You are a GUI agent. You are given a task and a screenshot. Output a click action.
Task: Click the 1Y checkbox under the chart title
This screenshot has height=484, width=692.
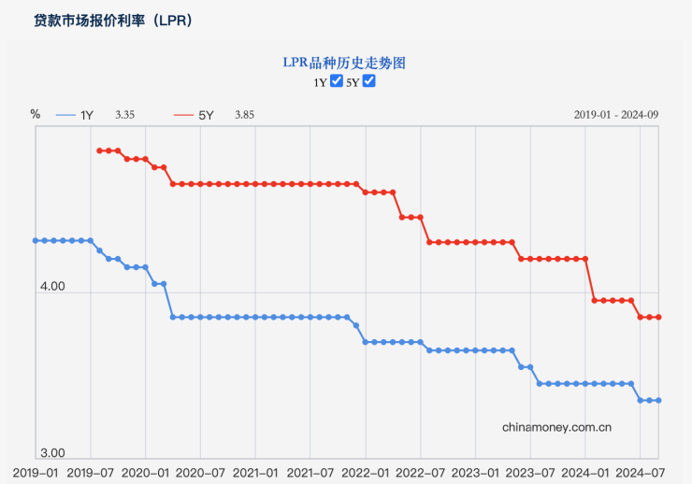pyautogui.click(x=337, y=81)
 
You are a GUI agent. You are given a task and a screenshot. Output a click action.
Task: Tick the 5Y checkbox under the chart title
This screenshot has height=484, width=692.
pyautogui.click(x=368, y=81)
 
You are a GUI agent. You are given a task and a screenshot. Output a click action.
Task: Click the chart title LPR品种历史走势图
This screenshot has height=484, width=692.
pyautogui.click(x=345, y=63)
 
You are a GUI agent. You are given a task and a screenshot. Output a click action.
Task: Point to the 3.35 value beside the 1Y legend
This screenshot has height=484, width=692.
pyautogui.click(x=125, y=115)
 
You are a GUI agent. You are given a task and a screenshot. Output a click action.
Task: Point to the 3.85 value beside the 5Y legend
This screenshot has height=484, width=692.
pyautogui.click(x=244, y=115)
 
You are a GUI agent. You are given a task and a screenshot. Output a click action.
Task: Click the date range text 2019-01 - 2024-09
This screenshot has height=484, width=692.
pyautogui.click(x=616, y=114)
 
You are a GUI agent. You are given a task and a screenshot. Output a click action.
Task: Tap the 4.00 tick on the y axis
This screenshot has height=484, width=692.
pyautogui.click(x=52, y=287)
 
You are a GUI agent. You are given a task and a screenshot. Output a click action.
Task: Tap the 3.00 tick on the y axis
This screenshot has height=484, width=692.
pyautogui.click(x=52, y=451)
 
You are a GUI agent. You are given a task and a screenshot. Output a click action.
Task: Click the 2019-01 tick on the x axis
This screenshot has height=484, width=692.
pyautogui.click(x=36, y=473)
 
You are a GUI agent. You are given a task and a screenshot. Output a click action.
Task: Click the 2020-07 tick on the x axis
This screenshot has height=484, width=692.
pyautogui.click(x=201, y=473)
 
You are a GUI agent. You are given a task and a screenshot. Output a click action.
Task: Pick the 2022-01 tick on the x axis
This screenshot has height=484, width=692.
pyautogui.click(x=366, y=473)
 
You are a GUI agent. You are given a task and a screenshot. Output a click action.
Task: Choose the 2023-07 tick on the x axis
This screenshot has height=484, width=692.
pyautogui.click(x=531, y=473)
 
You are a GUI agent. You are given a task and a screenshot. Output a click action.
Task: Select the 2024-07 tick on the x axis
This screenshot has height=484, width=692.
pyautogui.click(x=641, y=473)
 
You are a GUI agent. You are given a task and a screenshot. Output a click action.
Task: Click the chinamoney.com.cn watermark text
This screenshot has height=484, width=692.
pyautogui.click(x=556, y=427)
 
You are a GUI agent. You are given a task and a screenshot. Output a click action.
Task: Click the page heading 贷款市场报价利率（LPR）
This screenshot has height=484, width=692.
pyautogui.click(x=113, y=20)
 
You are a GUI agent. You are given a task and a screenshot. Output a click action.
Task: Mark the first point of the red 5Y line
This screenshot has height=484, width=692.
pyautogui.click(x=99, y=150)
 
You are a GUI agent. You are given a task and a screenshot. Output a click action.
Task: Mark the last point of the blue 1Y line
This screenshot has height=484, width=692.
pyautogui.click(x=658, y=400)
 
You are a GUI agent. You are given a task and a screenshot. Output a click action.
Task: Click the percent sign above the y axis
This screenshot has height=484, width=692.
pyautogui.click(x=36, y=114)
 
